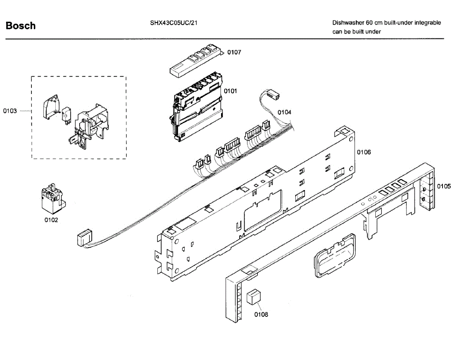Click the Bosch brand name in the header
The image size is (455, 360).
tap(21, 26)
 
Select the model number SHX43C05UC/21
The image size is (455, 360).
tap(173, 23)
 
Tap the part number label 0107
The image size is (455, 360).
tap(234, 52)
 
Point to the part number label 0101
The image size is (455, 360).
tap(230, 91)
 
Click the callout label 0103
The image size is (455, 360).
tap(10, 111)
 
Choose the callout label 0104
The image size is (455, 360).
tap(284, 112)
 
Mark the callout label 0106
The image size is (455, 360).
tap(364, 152)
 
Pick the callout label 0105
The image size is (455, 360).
tap(444, 186)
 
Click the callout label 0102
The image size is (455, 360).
tap(51, 220)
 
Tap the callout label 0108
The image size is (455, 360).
tap(261, 314)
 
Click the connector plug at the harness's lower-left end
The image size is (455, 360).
tap(84, 239)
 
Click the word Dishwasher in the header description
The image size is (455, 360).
tap(348, 23)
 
